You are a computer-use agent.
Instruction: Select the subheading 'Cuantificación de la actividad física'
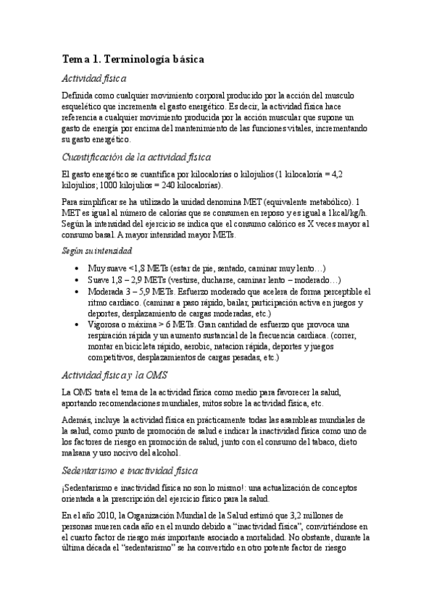(x=136, y=157)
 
